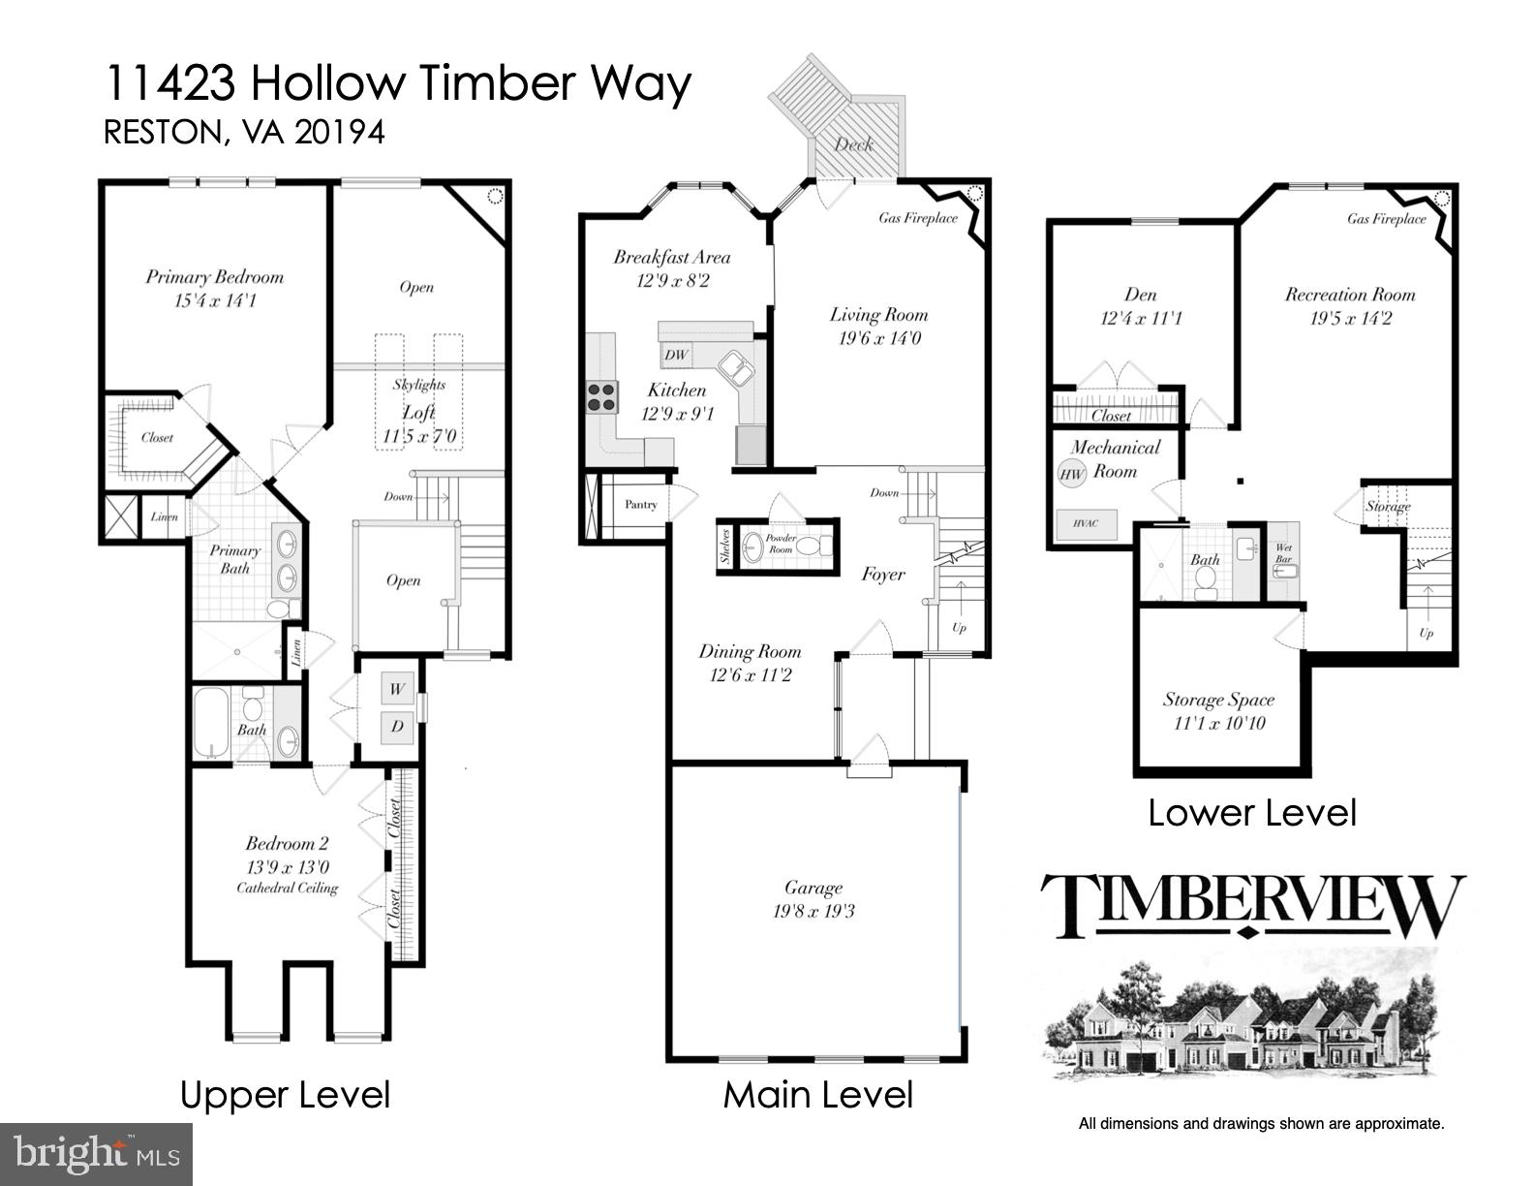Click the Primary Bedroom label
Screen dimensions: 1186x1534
pyautogui.click(x=215, y=277)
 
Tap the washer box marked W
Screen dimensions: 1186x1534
pyautogui.click(x=397, y=690)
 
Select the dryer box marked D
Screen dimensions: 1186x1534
pyautogui.click(x=397, y=726)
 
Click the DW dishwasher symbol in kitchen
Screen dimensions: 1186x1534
pyautogui.click(x=676, y=355)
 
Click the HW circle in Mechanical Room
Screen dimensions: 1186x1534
pyautogui.click(x=1071, y=474)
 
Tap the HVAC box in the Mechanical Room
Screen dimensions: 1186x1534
pyautogui.click(x=1086, y=523)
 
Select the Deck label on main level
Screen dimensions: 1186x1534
pyautogui.click(x=853, y=144)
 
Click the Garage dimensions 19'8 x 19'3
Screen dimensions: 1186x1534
pyautogui.click(x=814, y=912)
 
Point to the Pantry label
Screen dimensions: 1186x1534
pyautogui.click(x=640, y=505)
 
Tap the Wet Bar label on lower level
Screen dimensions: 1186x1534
pyautogui.click(x=1284, y=553)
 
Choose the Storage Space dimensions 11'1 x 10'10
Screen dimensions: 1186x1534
pyautogui.click(x=1218, y=724)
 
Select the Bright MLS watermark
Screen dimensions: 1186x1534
pyautogui.click(x=97, y=1155)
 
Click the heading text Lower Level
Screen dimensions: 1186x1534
pyautogui.click(x=1251, y=813)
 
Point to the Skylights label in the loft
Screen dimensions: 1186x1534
pyautogui.click(x=418, y=385)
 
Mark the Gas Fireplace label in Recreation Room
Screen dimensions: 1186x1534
pyautogui.click(x=1387, y=219)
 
